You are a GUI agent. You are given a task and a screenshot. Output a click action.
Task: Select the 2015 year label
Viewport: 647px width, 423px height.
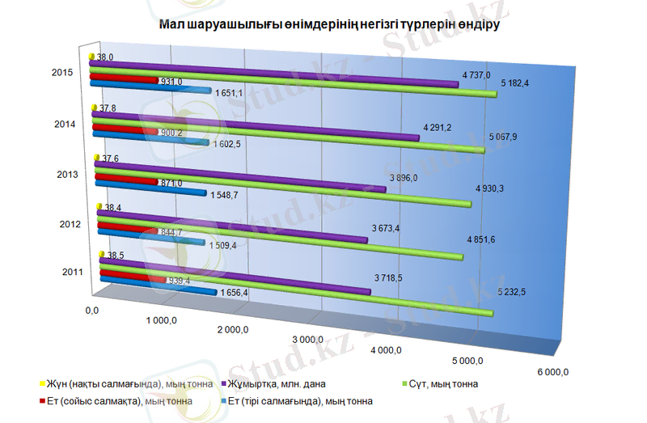point(63,74)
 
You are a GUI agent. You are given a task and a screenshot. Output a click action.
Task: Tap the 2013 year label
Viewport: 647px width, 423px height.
point(66,175)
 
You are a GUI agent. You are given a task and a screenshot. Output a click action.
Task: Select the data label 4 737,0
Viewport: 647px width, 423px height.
point(476,74)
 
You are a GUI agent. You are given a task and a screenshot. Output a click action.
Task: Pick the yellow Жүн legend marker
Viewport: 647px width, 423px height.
point(42,383)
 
